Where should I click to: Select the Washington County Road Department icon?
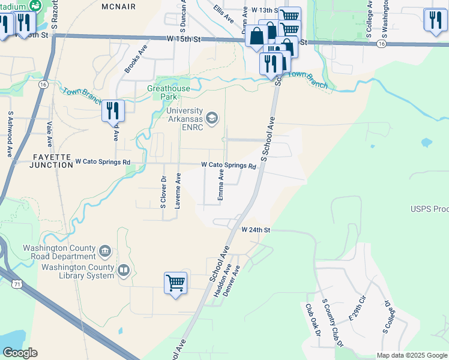[x=105, y=250]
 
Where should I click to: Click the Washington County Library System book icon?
[x=124, y=270]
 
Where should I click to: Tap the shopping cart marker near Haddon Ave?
[x=175, y=283]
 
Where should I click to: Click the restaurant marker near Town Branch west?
[x=112, y=110]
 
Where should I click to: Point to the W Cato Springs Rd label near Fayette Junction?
[x=103, y=162]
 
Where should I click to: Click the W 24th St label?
[x=256, y=230]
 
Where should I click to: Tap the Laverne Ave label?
[x=178, y=191]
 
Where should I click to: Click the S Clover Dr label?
[x=163, y=191]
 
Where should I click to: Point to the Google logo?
[x=20, y=353]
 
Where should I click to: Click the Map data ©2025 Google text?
[x=411, y=355]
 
